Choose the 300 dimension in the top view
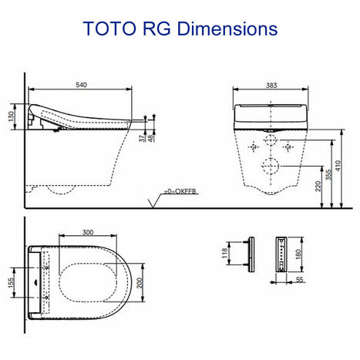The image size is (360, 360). [90, 232]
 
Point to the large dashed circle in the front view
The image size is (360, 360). [270, 166]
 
